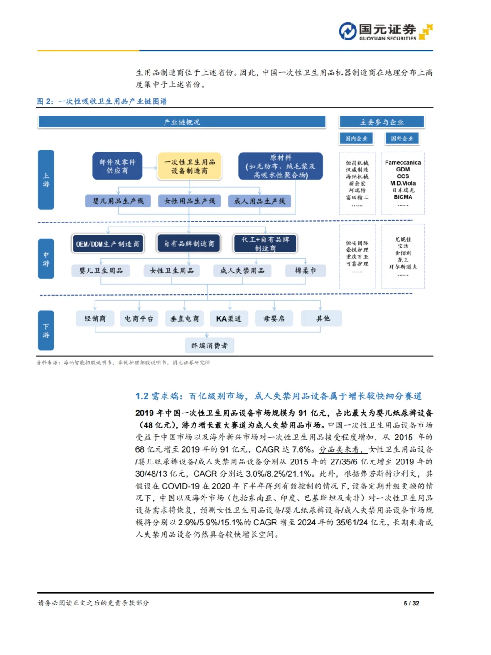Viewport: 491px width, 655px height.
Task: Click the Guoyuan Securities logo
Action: click(386, 31)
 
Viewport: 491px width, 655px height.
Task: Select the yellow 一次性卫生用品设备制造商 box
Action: click(190, 166)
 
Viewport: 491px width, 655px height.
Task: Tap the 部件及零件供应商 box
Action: click(117, 166)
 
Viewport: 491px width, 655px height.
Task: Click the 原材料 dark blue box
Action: click(281, 166)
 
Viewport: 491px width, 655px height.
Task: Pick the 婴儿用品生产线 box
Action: click(118, 201)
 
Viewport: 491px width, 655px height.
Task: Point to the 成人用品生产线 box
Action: click(259, 201)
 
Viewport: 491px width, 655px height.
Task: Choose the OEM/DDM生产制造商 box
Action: click(108, 244)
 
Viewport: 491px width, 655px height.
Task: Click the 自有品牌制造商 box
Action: click(189, 244)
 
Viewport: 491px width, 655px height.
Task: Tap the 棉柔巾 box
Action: click(305, 271)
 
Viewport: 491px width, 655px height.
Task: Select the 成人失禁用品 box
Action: click(242, 271)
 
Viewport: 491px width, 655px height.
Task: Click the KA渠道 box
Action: click(229, 318)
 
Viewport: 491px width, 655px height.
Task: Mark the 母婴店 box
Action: click(274, 318)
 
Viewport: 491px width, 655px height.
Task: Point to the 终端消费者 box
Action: click(210, 346)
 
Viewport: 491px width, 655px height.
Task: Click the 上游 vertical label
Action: click(46, 180)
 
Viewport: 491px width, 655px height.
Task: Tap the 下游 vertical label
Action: click(46, 331)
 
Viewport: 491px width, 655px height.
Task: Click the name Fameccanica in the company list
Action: click(403, 162)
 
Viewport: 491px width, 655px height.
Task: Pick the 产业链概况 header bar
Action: click(182, 122)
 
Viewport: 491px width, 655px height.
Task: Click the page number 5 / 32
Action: click(411, 603)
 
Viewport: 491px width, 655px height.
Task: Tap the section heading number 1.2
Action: click(142, 396)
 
